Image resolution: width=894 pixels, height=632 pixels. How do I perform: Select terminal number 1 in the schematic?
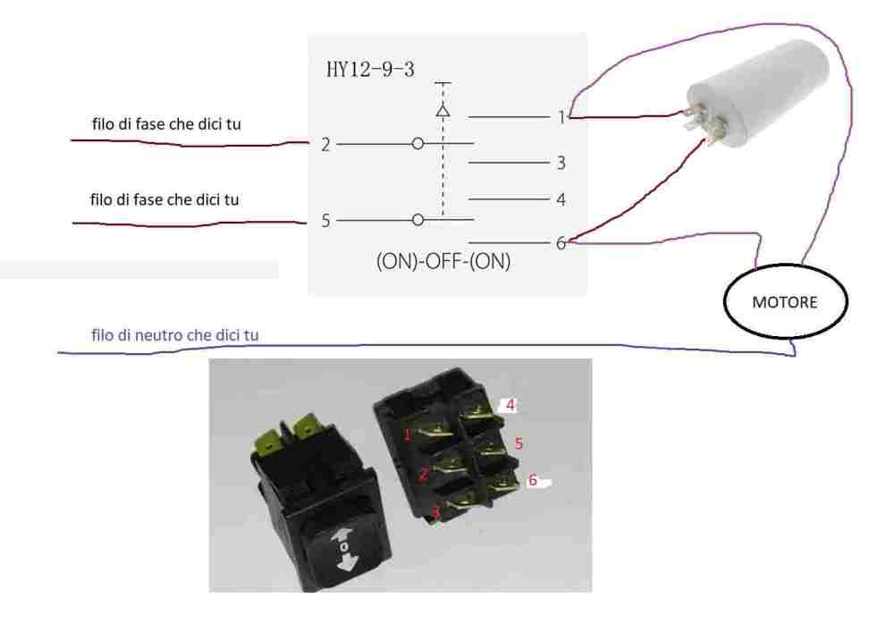point(561,117)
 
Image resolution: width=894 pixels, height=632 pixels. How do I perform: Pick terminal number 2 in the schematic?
point(327,144)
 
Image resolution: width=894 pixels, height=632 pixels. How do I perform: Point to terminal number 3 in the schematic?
point(561,164)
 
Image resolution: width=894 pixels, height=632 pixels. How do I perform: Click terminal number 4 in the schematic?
point(561,200)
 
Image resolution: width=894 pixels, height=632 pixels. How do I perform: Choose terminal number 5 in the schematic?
point(327,220)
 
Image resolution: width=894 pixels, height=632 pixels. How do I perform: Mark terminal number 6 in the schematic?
point(561,242)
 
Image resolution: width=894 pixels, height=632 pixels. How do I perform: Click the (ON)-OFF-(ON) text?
point(447,264)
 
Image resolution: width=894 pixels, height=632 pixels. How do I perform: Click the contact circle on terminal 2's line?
point(417,144)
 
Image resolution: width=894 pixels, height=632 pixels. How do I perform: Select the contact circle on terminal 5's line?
point(417,219)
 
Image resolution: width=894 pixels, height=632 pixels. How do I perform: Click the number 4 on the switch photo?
point(510,404)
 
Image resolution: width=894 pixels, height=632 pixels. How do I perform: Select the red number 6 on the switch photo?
point(532,480)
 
